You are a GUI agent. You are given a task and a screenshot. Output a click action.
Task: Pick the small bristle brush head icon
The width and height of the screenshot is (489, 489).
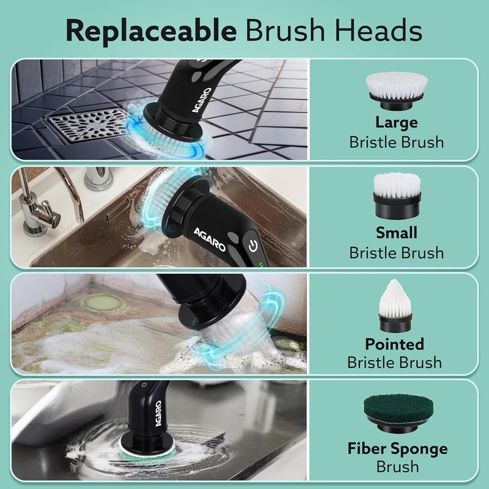(x=396, y=196)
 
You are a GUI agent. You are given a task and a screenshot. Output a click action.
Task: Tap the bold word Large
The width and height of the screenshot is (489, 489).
(x=396, y=122)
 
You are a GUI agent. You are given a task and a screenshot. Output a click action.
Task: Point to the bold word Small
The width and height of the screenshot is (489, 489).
(x=396, y=233)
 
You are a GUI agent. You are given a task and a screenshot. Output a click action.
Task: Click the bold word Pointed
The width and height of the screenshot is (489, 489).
(x=394, y=344)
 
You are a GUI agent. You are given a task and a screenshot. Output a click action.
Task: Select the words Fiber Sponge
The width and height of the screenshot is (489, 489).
(x=397, y=449)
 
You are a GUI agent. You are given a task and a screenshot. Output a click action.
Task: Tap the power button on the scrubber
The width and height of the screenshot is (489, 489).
(x=253, y=246)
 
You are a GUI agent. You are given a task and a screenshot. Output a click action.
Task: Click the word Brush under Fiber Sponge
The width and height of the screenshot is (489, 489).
(x=397, y=467)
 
